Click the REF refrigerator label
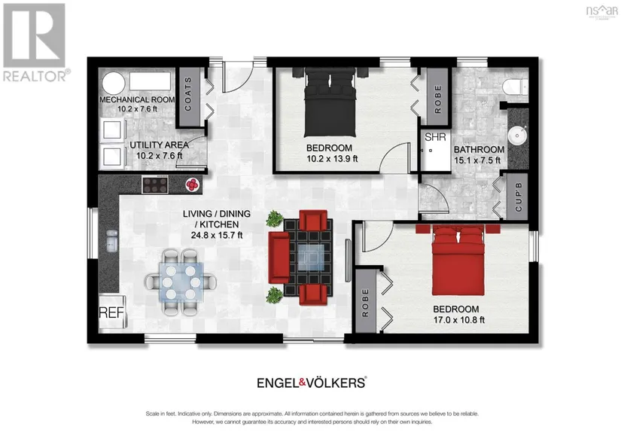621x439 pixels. (x=111, y=312)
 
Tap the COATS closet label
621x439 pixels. (x=188, y=94)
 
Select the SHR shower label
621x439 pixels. (x=435, y=137)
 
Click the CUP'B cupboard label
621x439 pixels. (x=519, y=197)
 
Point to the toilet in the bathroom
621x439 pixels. (x=516, y=86)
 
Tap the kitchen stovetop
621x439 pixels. (x=155, y=185)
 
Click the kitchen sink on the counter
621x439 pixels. (x=111, y=241)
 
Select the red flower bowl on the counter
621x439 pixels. (x=193, y=184)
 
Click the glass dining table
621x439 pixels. (x=181, y=282)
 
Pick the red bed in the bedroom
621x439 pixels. (x=458, y=260)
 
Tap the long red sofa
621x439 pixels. (x=279, y=258)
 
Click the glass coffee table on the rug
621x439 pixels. (x=311, y=258)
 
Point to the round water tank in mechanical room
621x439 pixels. (x=114, y=83)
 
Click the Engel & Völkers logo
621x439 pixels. (x=312, y=383)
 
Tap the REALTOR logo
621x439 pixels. (x=35, y=42)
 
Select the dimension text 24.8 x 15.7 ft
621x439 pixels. (x=217, y=235)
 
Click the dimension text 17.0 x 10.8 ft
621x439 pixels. (x=459, y=320)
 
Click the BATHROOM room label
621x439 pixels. (x=479, y=149)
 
